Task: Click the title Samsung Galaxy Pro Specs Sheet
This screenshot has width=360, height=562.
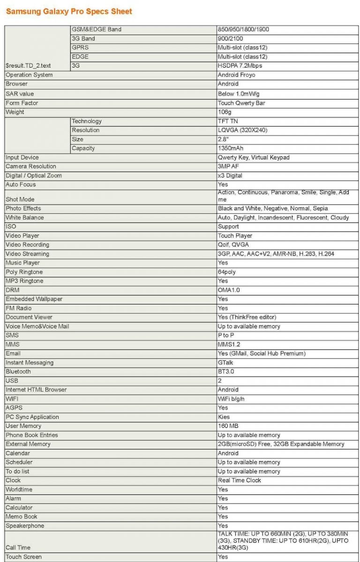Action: coord(69,11)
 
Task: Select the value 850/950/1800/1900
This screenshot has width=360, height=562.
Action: coord(243,30)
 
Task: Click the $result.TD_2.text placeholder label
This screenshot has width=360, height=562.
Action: coord(28,66)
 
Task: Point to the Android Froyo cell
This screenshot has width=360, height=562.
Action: coord(236,75)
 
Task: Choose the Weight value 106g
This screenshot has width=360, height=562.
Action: coord(225,112)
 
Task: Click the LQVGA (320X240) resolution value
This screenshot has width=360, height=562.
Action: coord(242,130)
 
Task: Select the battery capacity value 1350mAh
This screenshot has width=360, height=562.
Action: coord(231,149)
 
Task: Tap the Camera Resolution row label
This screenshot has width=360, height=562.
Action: coord(31,167)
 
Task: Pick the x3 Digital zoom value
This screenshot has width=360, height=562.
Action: coord(230,176)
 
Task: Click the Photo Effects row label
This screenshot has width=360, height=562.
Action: coord(23,208)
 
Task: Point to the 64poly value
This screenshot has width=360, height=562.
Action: coord(227,272)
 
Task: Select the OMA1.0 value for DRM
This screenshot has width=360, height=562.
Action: coord(229,290)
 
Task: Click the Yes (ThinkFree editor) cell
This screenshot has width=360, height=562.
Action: coord(247,318)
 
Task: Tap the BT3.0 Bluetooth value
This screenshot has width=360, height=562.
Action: coord(225,372)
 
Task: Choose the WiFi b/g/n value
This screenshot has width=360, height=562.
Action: coord(231,399)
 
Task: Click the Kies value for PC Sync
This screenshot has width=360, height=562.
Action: coord(224,417)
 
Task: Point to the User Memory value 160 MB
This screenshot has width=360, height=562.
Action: coord(228,426)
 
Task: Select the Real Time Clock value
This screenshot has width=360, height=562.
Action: coord(240,480)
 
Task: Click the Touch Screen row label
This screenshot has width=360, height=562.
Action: coord(23,557)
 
